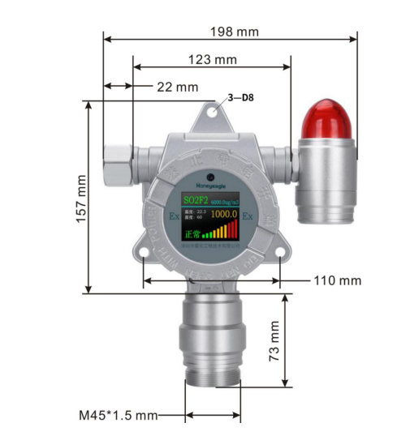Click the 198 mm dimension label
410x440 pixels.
coord(235,31)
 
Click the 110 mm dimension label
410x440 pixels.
coord(337,280)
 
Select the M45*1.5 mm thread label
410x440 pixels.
coord(118,415)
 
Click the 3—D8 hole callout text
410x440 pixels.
coord(240,98)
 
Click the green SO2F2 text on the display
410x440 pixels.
coord(196,199)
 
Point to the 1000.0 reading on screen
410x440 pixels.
coord(222,215)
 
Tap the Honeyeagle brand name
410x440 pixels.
coord(209,186)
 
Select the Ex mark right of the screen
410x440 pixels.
coord(248,217)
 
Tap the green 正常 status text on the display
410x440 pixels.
coord(190,233)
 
